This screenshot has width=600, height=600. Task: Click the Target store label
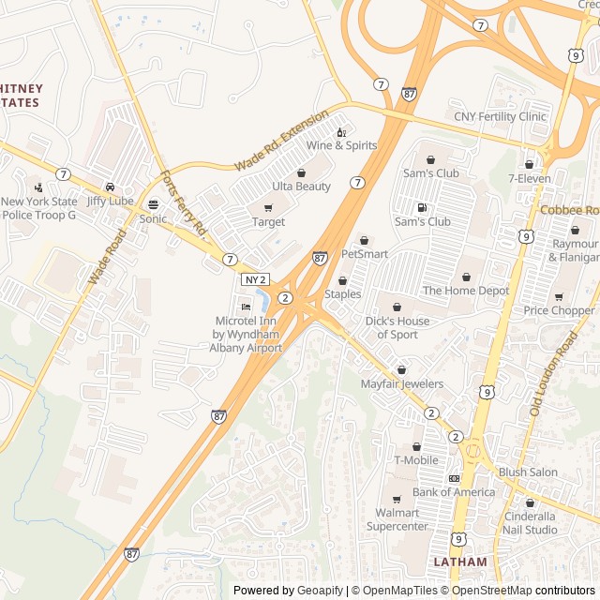(268, 222)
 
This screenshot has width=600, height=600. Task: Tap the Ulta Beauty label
(301, 187)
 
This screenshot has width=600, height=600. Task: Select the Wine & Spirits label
(341, 145)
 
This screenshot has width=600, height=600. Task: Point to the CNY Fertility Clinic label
(500, 116)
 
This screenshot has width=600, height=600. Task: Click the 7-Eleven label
(530, 177)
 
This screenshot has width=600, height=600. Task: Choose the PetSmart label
(365, 253)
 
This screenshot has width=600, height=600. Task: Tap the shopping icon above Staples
(342, 280)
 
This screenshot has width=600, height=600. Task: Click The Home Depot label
(466, 291)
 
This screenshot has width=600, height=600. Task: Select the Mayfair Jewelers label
(402, 383)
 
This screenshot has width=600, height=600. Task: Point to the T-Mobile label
(416, 459)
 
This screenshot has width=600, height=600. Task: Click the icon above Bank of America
(454, 478)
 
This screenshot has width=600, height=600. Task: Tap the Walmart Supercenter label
(396, 519)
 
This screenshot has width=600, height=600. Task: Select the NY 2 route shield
(255, 279)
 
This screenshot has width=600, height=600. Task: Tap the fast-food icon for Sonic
(153, 204)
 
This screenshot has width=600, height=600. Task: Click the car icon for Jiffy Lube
(111, 187)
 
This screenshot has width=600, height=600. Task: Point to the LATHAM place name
(460, 562)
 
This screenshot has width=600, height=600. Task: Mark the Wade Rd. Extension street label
(281, 140)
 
